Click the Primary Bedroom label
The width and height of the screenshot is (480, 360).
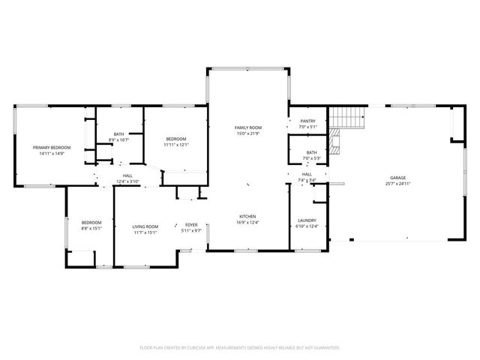pos(51,148)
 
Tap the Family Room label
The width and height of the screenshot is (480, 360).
pos(247,128)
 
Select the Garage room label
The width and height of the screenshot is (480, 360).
pos(397,178)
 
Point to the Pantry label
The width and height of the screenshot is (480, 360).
pos(307,121)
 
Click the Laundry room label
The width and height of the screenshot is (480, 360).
pos(307,220)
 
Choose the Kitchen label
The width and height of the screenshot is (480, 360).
pos(247,217)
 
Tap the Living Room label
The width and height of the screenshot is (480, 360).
pos(145,226)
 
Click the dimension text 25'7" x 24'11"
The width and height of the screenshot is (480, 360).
pos(397,184)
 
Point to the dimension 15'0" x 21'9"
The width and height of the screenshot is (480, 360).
pos(247,134)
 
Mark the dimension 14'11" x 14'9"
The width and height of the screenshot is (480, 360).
pos(51,154)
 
